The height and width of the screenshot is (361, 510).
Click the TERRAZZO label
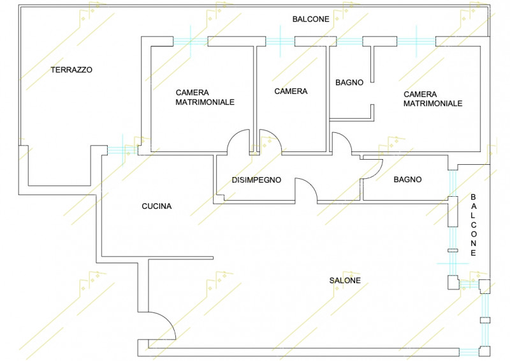tap(71, 70)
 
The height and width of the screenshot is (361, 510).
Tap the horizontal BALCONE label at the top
tap(310, 19)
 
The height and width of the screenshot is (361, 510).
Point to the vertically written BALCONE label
tap(473, 226)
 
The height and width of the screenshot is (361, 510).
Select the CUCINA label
tap(156, 206)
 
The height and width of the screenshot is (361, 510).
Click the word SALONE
tap(345, 280)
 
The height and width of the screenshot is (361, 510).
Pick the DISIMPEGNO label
tap(256, 180)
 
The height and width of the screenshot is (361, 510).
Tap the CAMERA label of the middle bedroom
tap(291, 91)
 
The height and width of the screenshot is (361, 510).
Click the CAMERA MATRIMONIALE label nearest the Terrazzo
tap(205, 97)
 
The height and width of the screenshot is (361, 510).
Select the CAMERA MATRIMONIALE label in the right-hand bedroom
tap(433, 98)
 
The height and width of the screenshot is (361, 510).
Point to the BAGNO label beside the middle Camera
tap(349, 82)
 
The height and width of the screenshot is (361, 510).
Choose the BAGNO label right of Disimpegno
tap(407, 180)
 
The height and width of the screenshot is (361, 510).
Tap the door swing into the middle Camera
tap(269, 141)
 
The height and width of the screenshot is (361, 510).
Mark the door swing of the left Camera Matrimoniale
tap(240, 141)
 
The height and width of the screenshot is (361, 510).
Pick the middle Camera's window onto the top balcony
tap(280, 42)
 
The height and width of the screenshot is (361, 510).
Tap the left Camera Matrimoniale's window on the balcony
tap(191, 42)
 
